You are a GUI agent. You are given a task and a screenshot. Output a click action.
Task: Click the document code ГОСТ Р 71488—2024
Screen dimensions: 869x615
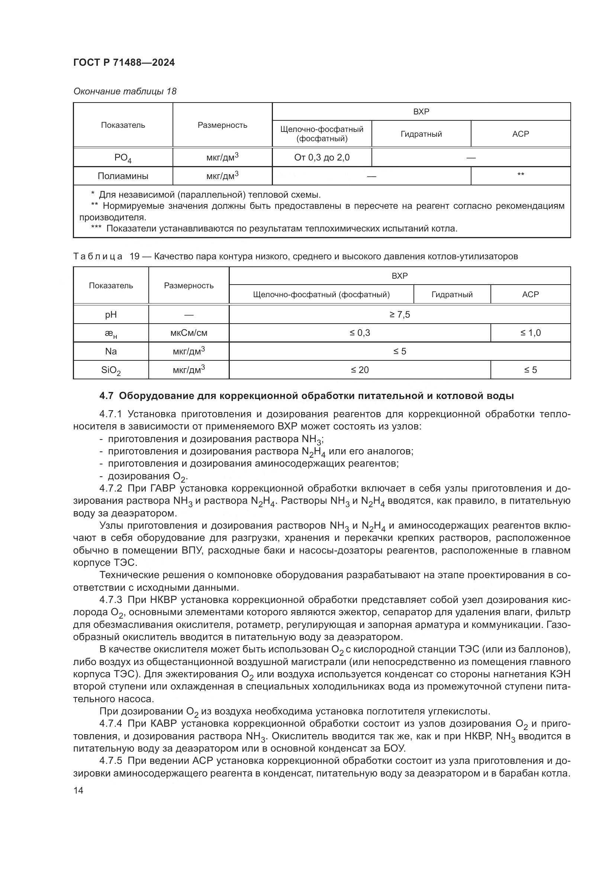click(124, 63)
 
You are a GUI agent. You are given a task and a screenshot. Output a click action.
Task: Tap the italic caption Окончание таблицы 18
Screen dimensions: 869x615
click(125, 91)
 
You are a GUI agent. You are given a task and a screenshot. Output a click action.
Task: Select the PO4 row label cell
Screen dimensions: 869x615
click(123, 158)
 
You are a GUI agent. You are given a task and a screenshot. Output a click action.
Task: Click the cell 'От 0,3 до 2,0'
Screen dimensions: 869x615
click(322, 158)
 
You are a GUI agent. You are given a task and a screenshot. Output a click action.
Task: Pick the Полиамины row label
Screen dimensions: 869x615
click(123, 176)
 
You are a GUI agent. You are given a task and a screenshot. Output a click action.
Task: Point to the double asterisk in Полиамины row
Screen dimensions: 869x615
click(520, 175)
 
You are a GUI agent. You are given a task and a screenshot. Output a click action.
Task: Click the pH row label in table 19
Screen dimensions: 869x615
click(110, 315)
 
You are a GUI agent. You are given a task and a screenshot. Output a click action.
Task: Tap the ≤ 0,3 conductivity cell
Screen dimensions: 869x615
click(360, 333)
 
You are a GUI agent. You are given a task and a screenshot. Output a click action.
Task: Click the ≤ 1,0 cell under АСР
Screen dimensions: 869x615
click(530, 333)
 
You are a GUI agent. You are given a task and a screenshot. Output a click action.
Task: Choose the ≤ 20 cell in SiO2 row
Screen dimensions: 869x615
click(360, 370)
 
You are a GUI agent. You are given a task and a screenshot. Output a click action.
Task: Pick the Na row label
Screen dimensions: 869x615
click(110, 351)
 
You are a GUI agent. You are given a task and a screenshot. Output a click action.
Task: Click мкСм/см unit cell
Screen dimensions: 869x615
click(189, 333)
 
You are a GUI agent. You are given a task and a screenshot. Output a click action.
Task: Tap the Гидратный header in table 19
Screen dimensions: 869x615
click(452, 295)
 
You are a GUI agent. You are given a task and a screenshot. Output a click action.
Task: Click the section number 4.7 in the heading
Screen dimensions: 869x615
click(106, 396)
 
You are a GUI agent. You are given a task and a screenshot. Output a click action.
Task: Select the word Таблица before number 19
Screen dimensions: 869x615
click(98, 256)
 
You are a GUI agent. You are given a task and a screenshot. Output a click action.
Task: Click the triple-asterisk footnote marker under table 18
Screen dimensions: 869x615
click(96, 228)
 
